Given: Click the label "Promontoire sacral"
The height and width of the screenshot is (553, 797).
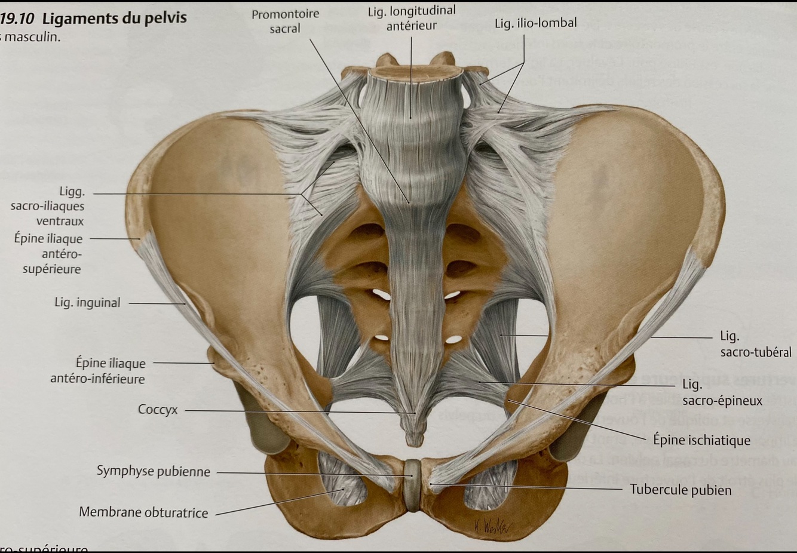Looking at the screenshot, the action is (285, 21).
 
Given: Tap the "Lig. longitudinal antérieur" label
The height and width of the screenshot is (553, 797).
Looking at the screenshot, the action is (411, 18).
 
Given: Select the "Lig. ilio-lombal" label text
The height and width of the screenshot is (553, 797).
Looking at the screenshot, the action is (535, 23).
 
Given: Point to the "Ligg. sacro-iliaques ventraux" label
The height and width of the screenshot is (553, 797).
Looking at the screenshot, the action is (47, 206).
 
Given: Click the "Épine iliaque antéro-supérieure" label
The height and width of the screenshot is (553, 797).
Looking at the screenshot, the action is (49, 254).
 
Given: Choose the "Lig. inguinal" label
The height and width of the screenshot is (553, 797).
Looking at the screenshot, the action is (87, 303).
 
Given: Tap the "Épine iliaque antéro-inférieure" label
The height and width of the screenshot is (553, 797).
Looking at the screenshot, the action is (98, 371).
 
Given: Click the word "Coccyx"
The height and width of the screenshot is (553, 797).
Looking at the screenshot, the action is (158, 410).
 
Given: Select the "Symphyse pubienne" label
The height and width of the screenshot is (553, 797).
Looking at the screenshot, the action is (154, 471).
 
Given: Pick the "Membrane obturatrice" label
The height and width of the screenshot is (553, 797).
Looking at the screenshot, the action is (143, 512).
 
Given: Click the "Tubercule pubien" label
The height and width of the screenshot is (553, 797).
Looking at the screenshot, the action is (680, 490).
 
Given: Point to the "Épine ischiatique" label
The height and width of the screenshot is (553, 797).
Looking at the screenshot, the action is (701, 441).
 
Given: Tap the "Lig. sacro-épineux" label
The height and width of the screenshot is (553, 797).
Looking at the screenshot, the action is (722, 392).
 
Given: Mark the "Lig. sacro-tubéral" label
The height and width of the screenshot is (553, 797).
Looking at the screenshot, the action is (755, 344).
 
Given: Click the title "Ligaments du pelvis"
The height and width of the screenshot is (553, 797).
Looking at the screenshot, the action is (114, 18).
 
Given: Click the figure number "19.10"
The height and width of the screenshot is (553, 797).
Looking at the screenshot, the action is (17, 19).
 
